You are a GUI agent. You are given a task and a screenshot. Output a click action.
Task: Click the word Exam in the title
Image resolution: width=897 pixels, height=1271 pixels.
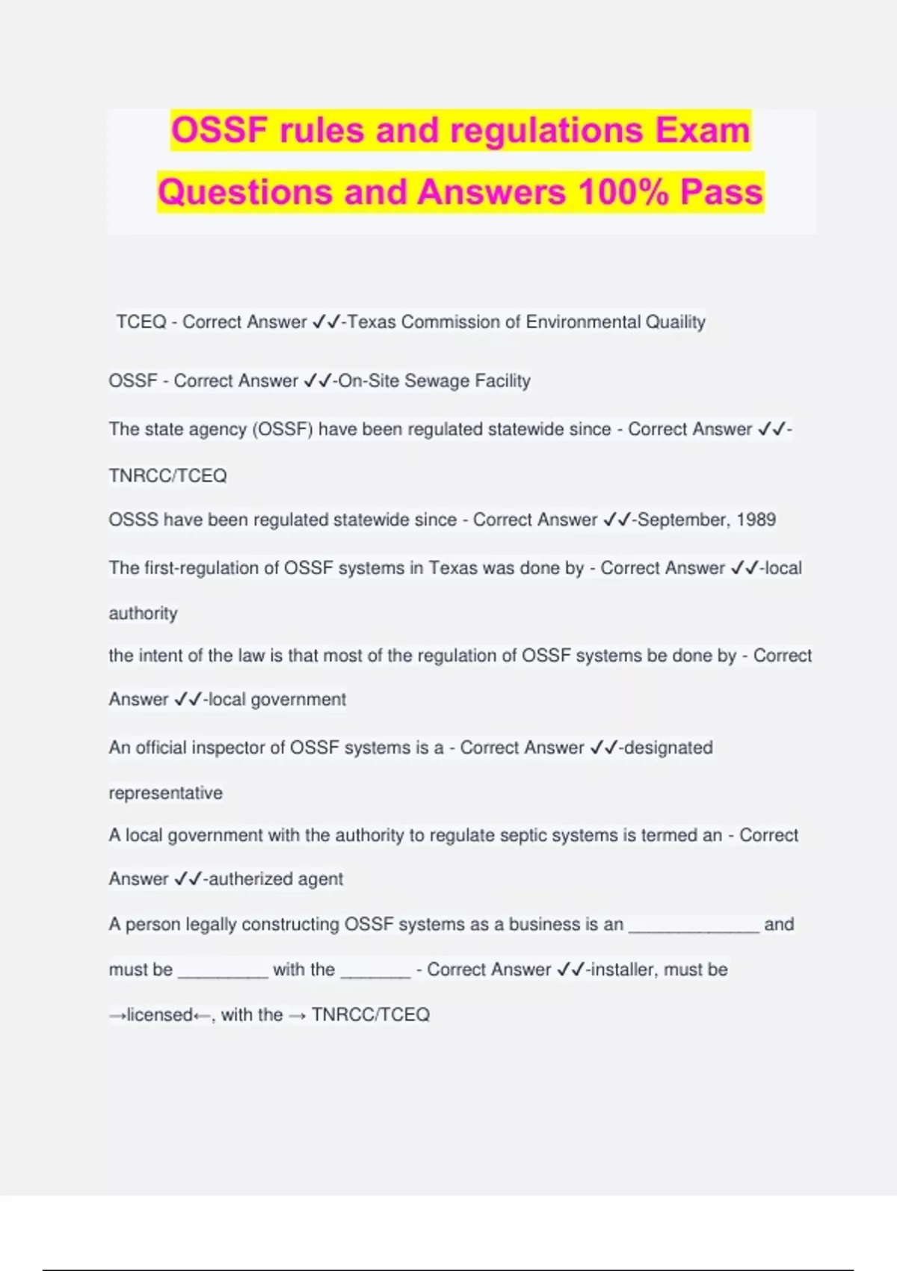[x=703, y=130]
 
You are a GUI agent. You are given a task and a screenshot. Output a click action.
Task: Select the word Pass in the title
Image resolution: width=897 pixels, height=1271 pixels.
[x=721, y=192]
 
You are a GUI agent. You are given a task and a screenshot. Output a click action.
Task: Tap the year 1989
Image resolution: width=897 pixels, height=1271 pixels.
[x=756, y=520]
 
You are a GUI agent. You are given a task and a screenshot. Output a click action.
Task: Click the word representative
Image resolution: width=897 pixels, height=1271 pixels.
[x=165, y=793]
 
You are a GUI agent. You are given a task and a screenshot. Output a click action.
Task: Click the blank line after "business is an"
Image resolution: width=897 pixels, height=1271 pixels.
[x=694, y=927]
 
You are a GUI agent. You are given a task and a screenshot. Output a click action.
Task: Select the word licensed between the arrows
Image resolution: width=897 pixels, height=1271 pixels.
[x=159, y=1015]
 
